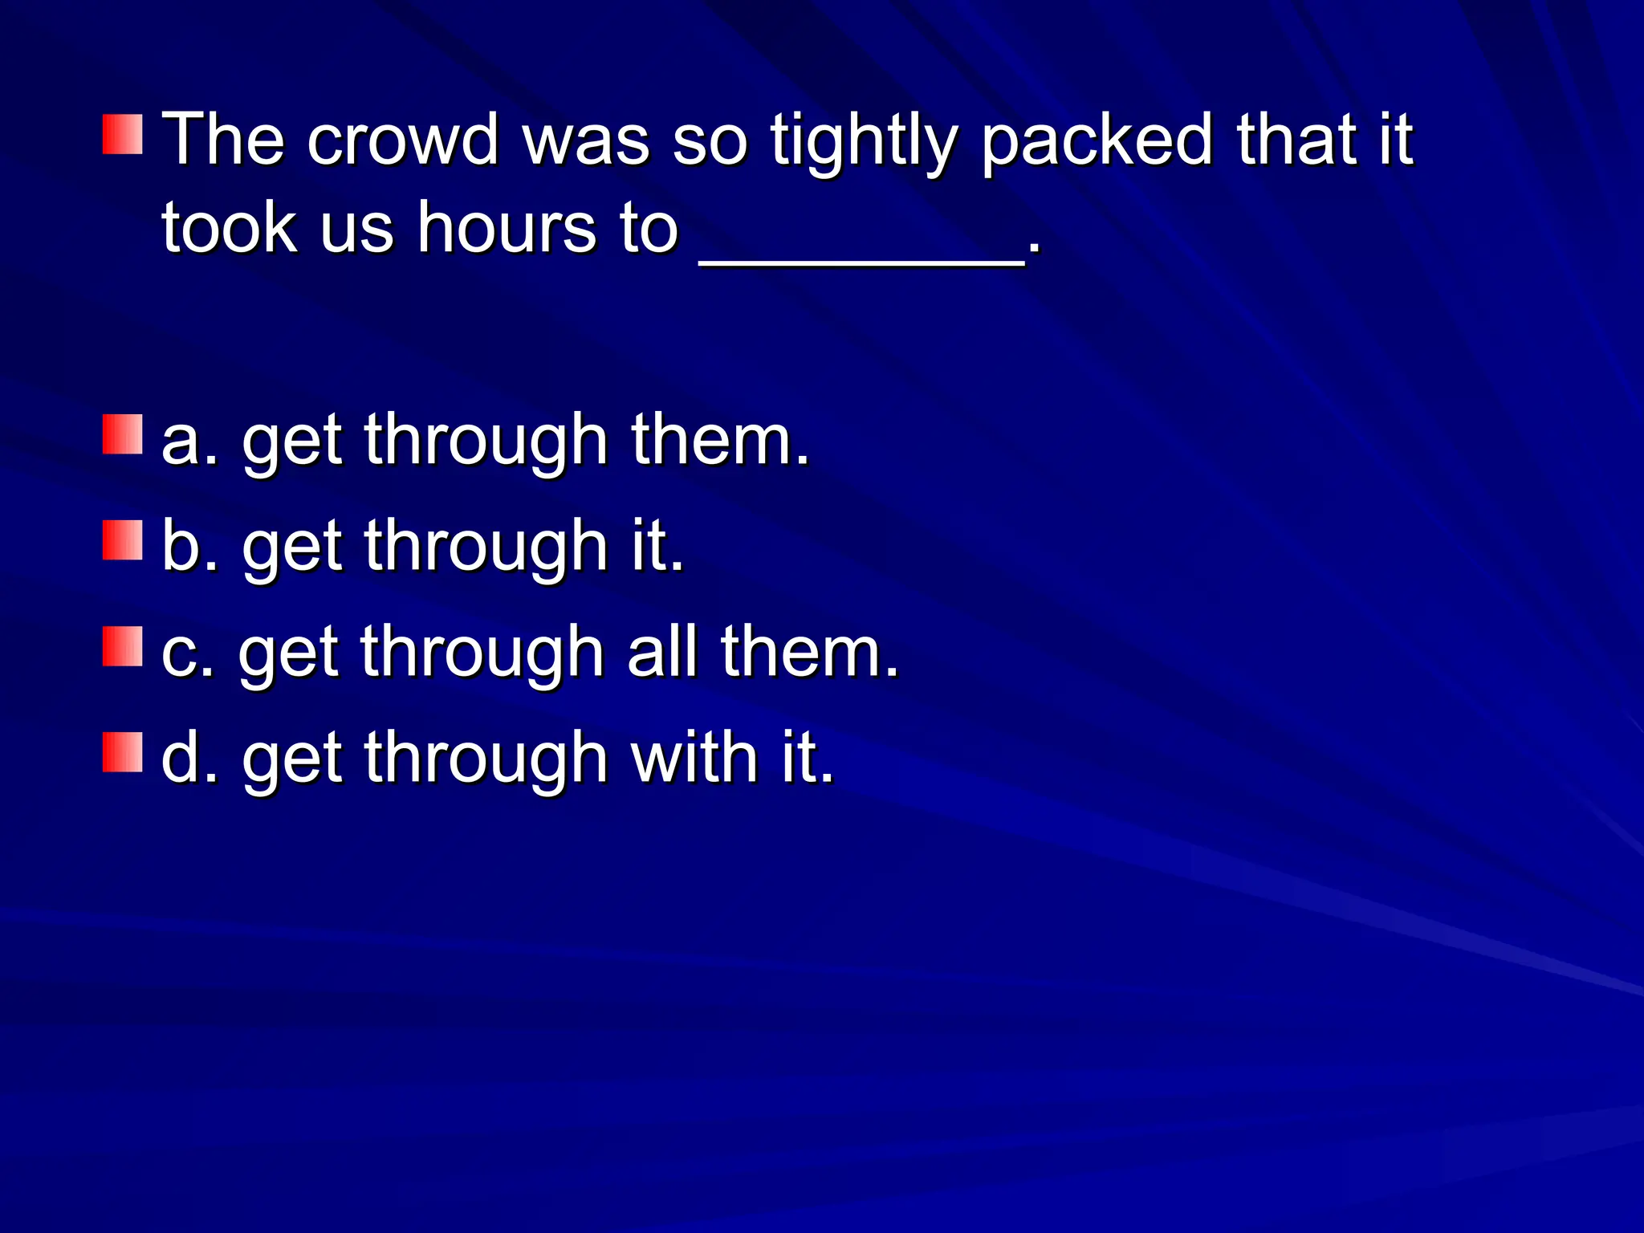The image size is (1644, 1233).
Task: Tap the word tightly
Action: coord(864,143)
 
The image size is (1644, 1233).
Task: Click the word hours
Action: coord(506,228)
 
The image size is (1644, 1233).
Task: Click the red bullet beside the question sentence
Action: coord(123,134)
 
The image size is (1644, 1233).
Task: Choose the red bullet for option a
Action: coord(123,434)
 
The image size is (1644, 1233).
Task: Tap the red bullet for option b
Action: coord(123,540)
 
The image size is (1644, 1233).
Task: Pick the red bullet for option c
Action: coord(123,646)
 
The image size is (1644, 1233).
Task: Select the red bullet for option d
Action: coord(123,752)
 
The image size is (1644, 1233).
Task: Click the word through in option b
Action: coord(486,547)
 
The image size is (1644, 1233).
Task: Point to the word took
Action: coord(229,228)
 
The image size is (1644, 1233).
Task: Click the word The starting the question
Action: coord(224,140)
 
